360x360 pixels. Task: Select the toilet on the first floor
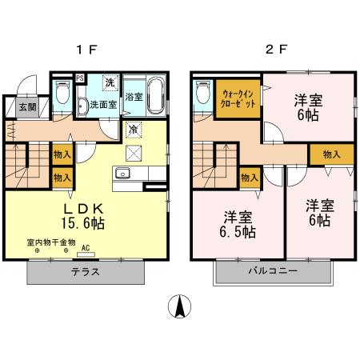tap(62, 94)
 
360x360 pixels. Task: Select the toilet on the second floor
tap(202, 94)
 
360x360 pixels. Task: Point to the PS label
tap(80, 78)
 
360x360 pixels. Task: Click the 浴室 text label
tap(134, 97)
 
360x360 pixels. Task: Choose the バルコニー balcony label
tap(271, 272)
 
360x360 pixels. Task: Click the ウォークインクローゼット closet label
tap(239, 100)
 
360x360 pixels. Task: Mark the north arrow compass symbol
tap(181, 306)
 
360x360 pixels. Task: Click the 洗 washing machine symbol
tap(110, 82)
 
